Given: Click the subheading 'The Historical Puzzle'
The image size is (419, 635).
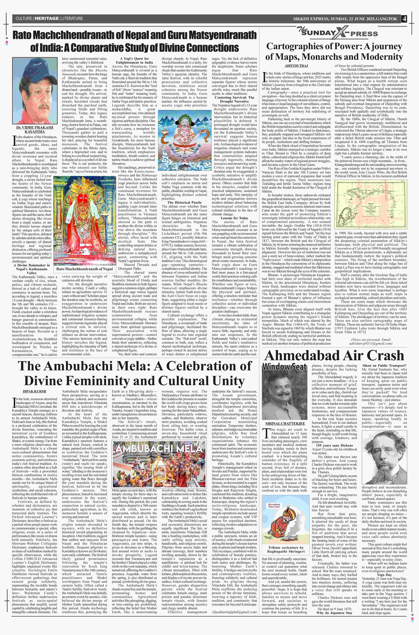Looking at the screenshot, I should coord(184,202).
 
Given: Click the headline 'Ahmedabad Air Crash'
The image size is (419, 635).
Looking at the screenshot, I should coord(334,356).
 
